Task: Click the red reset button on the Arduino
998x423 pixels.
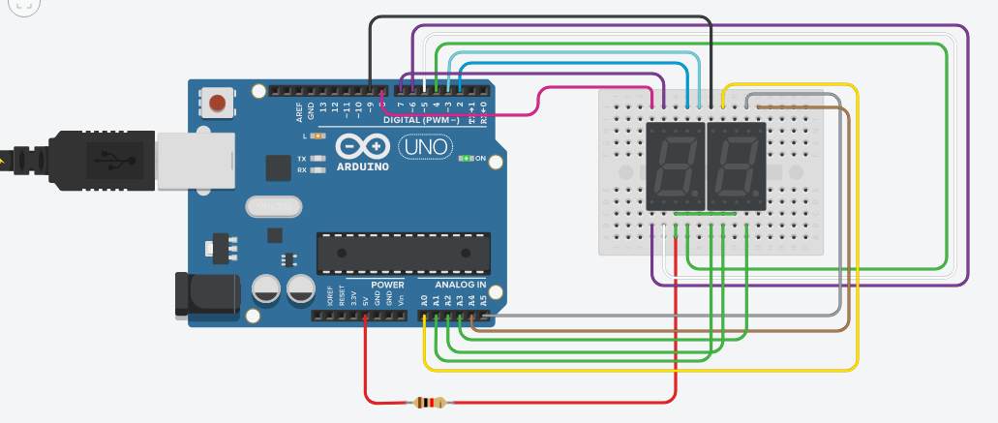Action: coord(218,102)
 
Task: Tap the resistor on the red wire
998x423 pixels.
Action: coord(428,403)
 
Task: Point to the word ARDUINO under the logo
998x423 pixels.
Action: coord(364,166)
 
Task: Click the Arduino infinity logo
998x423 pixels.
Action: coord(363,146)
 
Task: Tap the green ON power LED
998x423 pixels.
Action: coord(467,158)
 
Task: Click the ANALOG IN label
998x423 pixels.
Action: coord(460,285)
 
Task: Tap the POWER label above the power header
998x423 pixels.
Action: coord(387,285)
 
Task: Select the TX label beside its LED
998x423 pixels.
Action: coord(302,158)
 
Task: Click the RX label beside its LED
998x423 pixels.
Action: coord(302,169)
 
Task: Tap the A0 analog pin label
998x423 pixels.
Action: coord(424,300)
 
